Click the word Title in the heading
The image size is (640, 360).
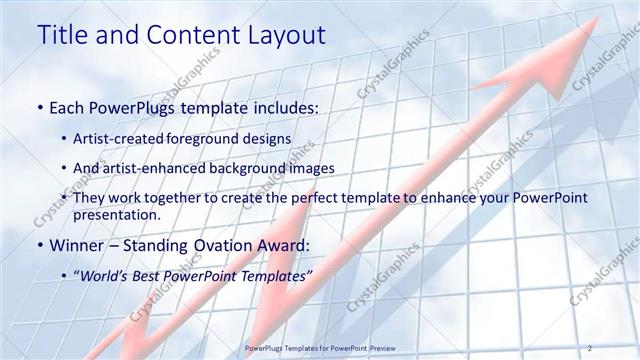(64, 35)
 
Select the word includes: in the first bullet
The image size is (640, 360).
(279, 106)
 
